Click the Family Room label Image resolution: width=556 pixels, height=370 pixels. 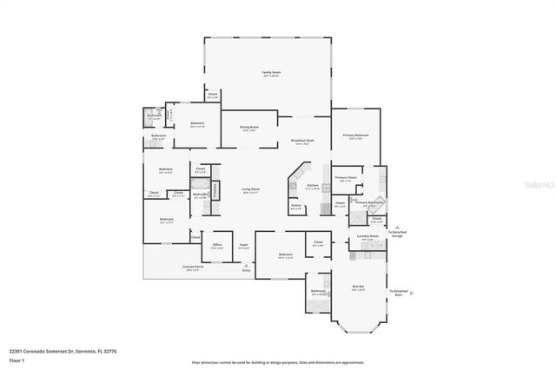pos(271,74)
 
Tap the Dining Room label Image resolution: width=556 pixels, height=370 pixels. pos(248,129)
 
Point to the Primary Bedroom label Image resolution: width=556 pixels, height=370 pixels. pos(355,136)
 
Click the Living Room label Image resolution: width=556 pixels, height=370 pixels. pos(250,191)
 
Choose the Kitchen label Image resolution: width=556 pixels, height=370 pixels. pos(313,186)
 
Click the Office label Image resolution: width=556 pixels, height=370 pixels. pos(217,246)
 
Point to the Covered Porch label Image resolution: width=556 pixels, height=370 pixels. pos(193,268)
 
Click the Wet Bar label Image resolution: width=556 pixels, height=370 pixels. pos(357,288)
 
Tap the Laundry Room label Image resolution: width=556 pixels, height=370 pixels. pos(367,236)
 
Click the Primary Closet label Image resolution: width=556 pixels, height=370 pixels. pos(346,179)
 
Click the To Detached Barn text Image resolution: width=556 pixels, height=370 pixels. pos(399,293)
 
